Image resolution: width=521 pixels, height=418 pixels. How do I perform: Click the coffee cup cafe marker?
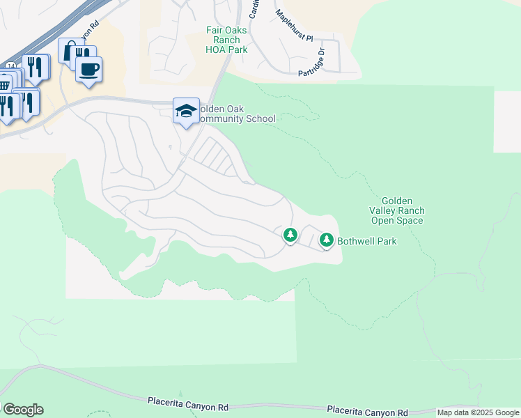pyautogui.click(x=88, y=70)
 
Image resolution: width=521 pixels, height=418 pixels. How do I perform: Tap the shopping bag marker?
pyautogui.click(x=70, y=51)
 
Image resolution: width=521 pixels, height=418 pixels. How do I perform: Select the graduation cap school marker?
pyautogui.click(x=186, y=111)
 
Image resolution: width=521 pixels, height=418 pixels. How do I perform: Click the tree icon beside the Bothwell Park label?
pyautogui.click(x=326, y=240)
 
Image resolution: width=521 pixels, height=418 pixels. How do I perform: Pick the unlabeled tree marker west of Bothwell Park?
pyautogui.click(x=290, y=235)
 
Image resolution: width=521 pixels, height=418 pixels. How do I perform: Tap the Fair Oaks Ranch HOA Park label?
pyautogui.click(x=227, y=40)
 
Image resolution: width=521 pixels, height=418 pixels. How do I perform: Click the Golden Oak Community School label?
pyautogui.click(x=235, y=114)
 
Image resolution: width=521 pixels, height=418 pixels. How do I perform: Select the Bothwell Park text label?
pyautogui.click(x=367, y=242)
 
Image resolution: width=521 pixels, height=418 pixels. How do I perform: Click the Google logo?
pyautogui.click(x=22, y=410)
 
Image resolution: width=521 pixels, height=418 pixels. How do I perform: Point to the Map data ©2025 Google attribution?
pyautogui.click(x=479, y=412)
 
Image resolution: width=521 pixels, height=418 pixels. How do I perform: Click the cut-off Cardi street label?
pyautogui.click(x=254, y=10)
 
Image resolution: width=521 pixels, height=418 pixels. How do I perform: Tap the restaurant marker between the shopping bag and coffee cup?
pyautogui.click(x=82, y=55)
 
